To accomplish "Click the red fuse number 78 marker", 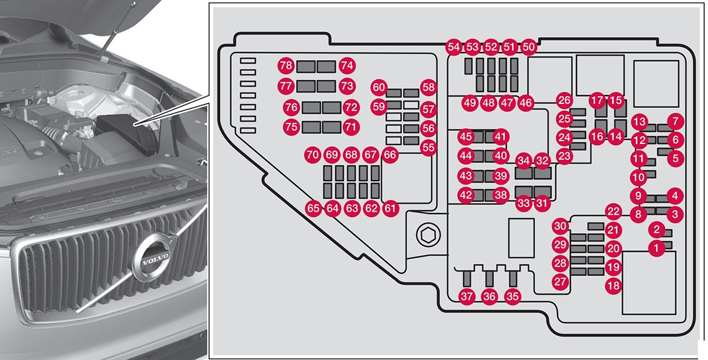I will (287, 66).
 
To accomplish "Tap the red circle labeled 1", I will (655, 248).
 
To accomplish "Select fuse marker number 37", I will (467, 297).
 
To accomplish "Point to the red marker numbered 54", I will (454, 47).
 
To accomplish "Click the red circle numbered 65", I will (313, 208).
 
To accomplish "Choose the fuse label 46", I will (526, 103).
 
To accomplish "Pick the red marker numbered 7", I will (676, 122).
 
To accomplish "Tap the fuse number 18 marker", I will (614, 286).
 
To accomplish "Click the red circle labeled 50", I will (529, 47).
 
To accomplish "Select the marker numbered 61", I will (390, 208).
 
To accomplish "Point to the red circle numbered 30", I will (560, 225).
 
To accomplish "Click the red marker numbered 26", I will (565, 100).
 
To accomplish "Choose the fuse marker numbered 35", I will (513, 297).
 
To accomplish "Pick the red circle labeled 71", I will (351, 126).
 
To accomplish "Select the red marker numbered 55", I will (428, 148).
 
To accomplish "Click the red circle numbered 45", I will (466, 137).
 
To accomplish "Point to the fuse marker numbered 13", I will (639, 122).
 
